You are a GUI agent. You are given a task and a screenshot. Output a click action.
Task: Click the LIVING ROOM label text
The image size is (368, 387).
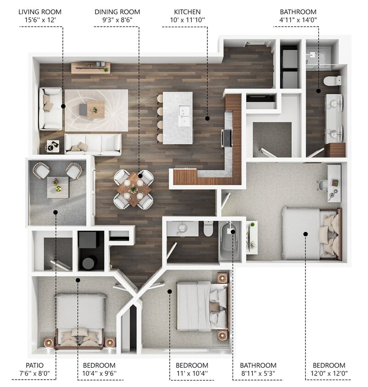click(39, 11)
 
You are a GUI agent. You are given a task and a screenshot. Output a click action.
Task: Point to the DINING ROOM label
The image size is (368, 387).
click(117, 11)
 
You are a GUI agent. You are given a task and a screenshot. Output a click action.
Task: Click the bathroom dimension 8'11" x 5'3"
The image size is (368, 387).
click(258, 374)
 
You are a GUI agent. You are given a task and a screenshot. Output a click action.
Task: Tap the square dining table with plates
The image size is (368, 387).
click(134, 188)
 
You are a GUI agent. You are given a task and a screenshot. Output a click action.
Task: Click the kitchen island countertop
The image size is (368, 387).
click(179, 111)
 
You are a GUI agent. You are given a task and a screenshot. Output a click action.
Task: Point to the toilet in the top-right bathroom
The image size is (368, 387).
click(331, 81)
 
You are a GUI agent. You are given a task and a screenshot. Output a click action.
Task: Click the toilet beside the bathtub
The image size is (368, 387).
click(209, 229)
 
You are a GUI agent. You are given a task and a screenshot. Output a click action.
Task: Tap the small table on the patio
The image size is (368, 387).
click(58, 187)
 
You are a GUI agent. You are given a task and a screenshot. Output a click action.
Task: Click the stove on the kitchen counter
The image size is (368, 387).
click(227, 137)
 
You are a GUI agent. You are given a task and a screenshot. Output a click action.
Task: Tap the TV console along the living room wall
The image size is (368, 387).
click(90, 68)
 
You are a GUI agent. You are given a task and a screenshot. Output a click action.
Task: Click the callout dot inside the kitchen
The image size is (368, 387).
click(207, 118)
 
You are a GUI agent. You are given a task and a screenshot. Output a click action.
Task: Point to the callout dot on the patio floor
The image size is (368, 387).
click(56, 212)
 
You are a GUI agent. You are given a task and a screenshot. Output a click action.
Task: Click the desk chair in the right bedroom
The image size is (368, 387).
click(323, 185)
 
